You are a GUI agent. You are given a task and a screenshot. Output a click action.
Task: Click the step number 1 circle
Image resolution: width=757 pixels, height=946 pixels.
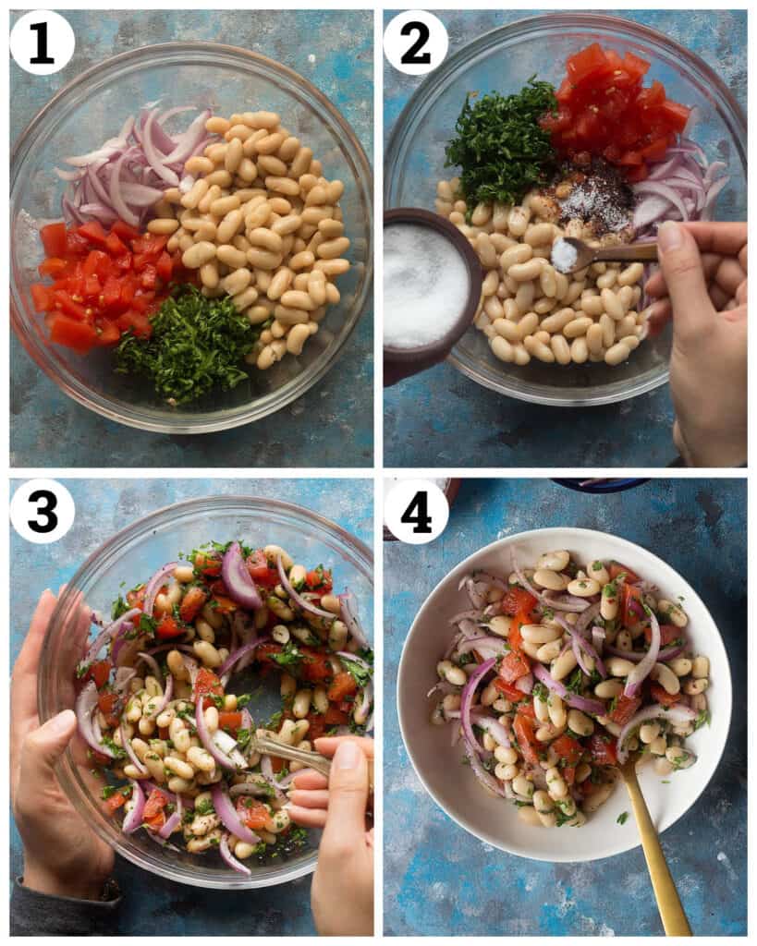[x=43, y=42]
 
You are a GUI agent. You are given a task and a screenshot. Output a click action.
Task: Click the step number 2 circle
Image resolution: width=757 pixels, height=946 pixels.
[x=416, y=42]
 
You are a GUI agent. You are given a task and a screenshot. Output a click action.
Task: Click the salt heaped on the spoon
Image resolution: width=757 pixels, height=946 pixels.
[x=565, y=255]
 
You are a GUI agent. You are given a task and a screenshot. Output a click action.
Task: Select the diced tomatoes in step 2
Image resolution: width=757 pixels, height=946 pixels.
[x=615, y=106]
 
